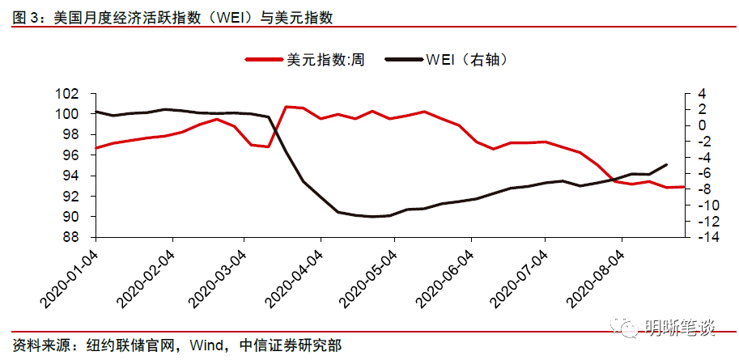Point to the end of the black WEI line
coord(666,164)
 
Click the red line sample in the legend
coord(264,60)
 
